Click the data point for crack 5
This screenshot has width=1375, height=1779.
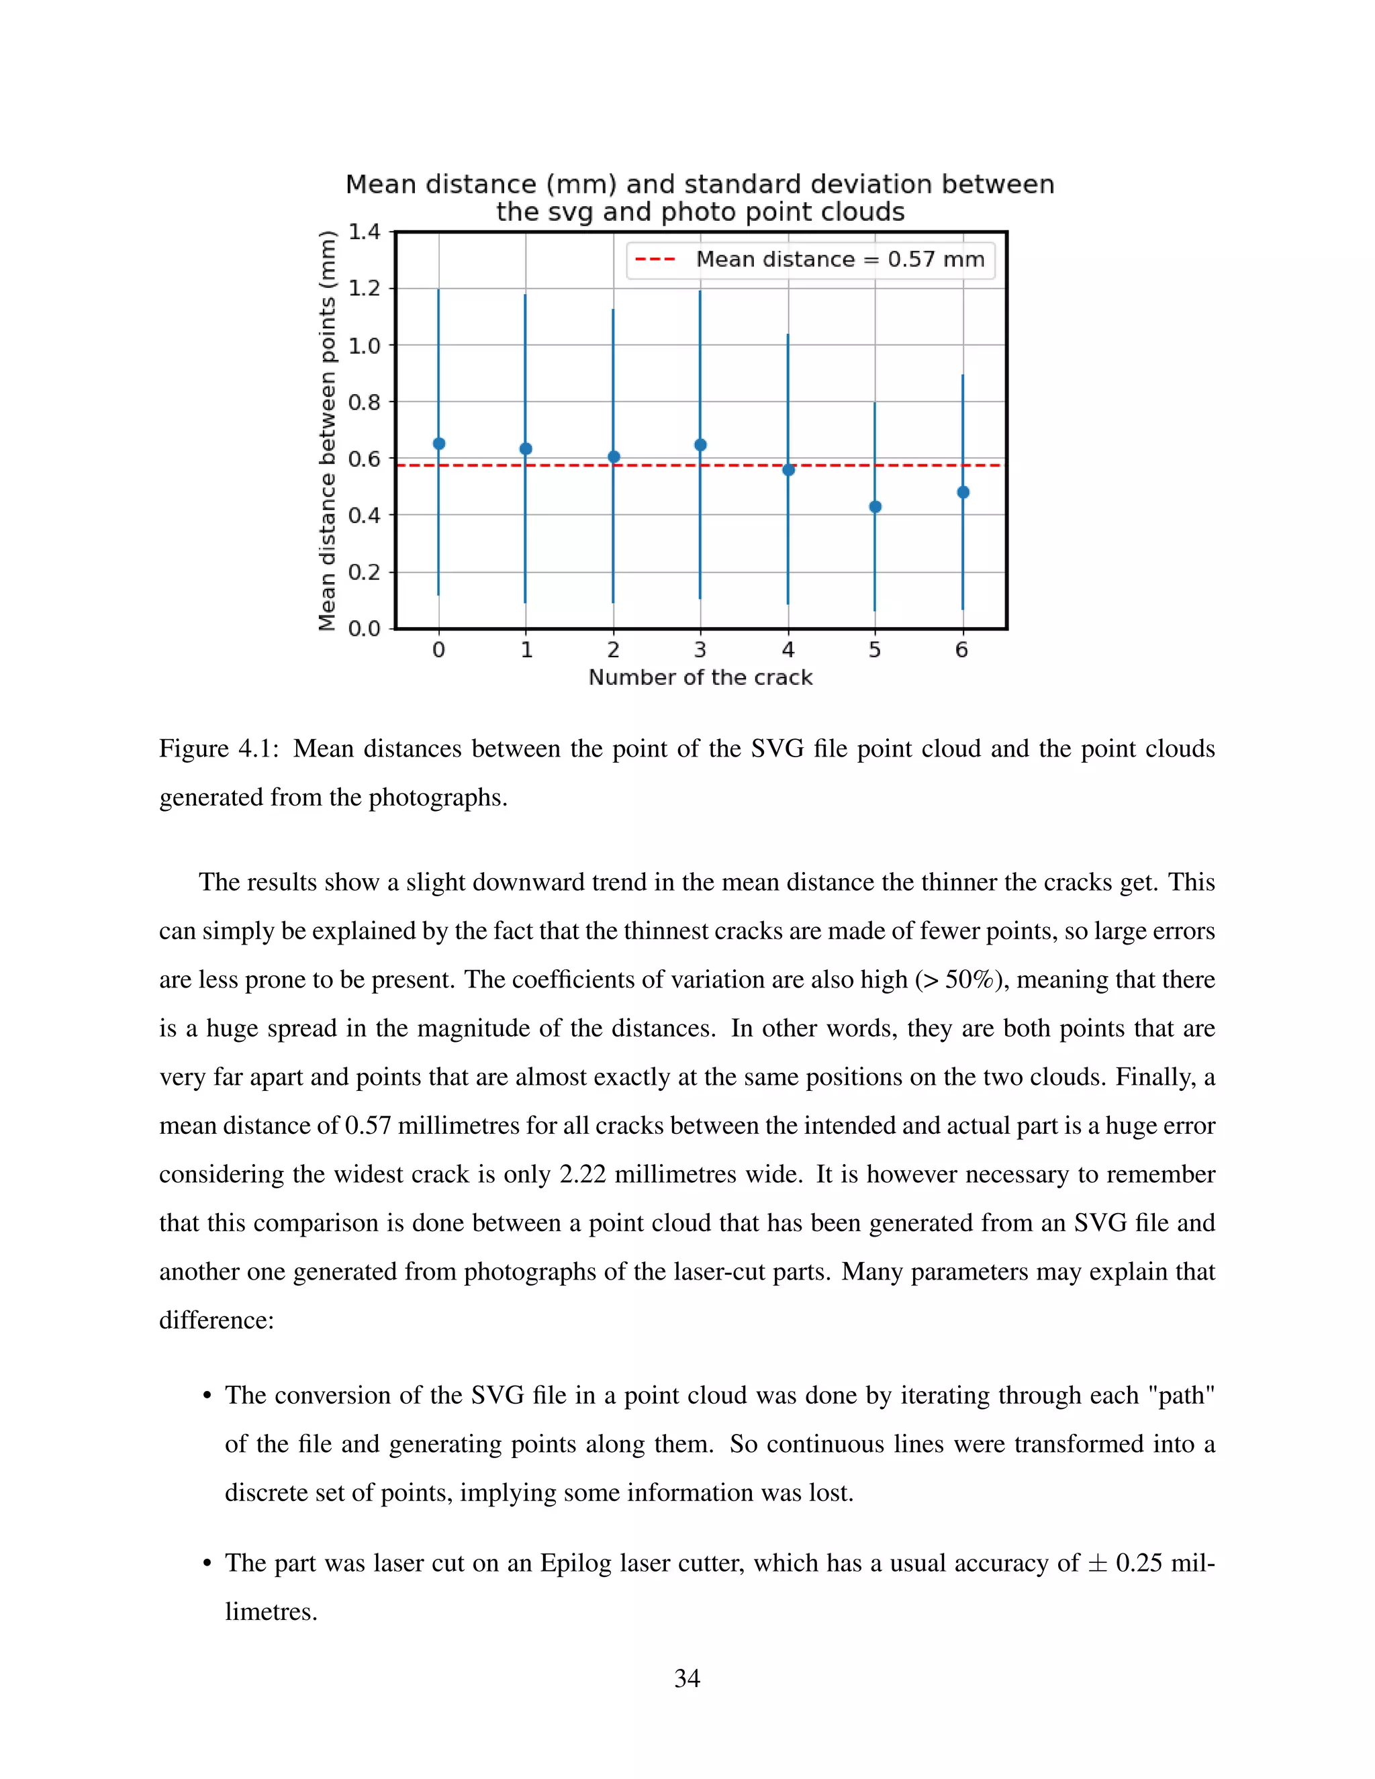pos(875,507)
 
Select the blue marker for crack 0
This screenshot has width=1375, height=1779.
pos(439,444)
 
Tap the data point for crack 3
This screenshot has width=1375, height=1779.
pos(700,444)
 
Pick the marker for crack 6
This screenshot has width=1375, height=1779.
pos(963,492)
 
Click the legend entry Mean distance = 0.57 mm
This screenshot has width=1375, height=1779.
pos(840,260)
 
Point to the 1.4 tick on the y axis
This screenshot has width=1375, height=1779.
pos(364,232)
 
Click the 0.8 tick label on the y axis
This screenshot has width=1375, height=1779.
pos(364,402)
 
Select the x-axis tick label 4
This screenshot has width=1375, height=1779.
pos(788,650)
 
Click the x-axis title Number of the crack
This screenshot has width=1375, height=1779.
pos(700,678)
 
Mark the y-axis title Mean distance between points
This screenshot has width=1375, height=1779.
pos(328,431)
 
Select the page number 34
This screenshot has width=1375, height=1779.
pos(687,1678)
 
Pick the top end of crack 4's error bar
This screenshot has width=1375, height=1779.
pos(788,335)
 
